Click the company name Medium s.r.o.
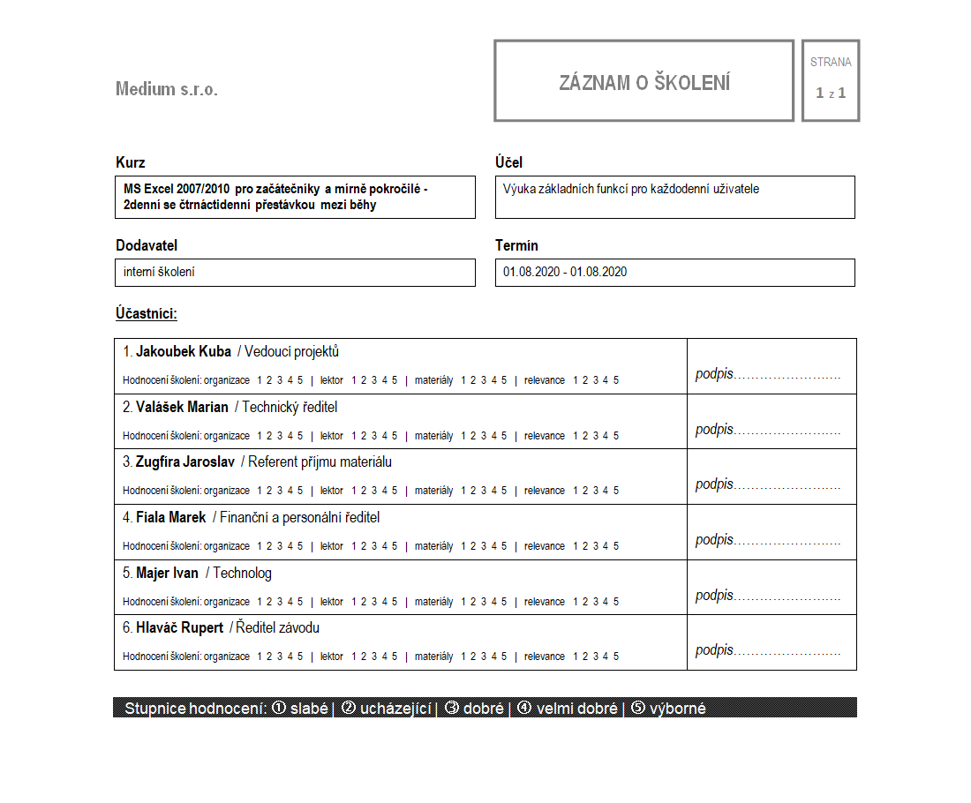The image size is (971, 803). point(166,89)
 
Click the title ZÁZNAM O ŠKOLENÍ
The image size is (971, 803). point(644,83)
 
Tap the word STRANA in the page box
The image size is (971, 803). point(831,63)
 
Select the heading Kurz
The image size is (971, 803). point(131,162)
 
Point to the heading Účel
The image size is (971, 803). point(509,162)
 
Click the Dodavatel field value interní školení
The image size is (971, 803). point(160,272)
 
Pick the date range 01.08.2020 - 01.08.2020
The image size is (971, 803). point(565,272)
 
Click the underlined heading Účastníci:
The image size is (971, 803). point(147,313)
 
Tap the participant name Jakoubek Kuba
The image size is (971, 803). point(184,352)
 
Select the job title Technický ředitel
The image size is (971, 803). point(290,408)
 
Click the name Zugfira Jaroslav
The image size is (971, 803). point(184,462)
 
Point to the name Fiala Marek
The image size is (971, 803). point(170,518)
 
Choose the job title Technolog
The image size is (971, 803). point(242,574)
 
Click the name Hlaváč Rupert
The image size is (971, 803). point(179,628)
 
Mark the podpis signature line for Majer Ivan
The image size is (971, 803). point(767,596)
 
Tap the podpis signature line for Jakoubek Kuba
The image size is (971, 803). point(767,374)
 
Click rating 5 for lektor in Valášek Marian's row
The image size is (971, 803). point(395,436)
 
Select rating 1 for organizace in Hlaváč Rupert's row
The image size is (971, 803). point(260,657)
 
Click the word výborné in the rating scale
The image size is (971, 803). point(677,709)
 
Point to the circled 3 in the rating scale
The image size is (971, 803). point(451,709)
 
